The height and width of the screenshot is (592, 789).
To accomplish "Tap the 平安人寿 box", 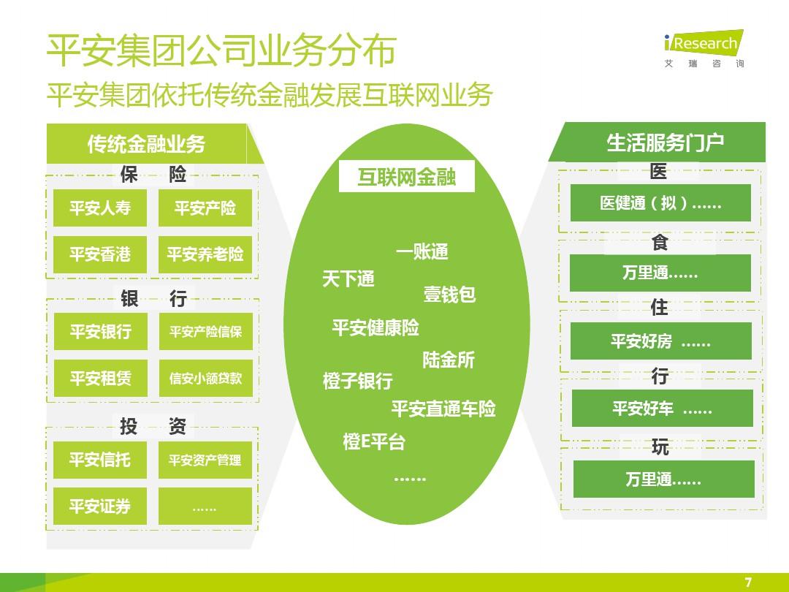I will coord(100,208).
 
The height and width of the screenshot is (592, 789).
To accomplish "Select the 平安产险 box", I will coord(205,208).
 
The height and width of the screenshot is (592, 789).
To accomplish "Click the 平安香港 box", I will coord(100,254).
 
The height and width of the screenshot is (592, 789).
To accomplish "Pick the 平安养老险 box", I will coord(205,254).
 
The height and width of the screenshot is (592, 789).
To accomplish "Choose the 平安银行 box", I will coord(100,332).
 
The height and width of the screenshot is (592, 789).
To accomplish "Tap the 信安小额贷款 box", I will coord(205,378).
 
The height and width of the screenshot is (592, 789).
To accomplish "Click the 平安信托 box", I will coord(100,460).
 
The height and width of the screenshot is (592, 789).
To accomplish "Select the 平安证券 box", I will coord(100,506).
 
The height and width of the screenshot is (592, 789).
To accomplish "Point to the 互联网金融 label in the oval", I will coord(406,177).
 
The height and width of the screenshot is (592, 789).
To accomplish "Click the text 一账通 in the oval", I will coord(422,252).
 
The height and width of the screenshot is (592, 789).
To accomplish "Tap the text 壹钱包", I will coord(449,295).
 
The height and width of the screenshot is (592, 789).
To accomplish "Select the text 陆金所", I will coord(449,360).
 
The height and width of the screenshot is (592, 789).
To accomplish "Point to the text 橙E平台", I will coord(373,441).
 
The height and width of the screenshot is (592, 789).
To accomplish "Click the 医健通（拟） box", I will coord(660,203).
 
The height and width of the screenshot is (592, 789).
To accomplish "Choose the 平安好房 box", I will coord(660,341).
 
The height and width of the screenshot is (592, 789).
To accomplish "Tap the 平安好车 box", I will coord(662,409).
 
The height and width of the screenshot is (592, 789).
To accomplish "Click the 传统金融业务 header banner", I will coord(147,144).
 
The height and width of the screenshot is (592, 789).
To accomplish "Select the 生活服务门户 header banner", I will coord(665,142).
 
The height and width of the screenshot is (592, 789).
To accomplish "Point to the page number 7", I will coord(747,582).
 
